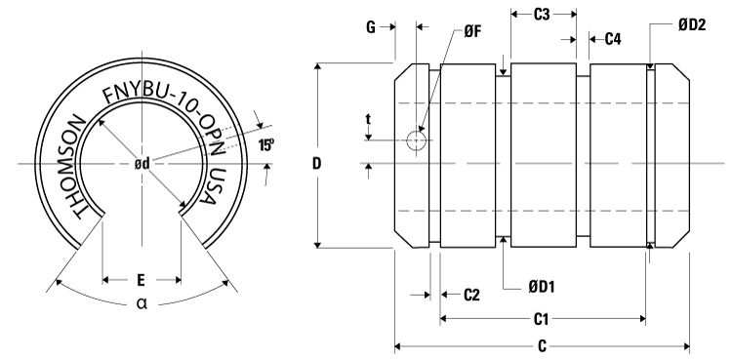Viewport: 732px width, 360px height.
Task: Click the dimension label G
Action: [x=372, y=28]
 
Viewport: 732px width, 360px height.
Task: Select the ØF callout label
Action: [x=471, y=31]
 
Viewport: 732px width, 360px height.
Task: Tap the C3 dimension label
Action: [x=544, y=15]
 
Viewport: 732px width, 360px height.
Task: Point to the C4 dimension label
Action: [x=613, y=40]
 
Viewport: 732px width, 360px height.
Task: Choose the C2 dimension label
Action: [x=468, y=294]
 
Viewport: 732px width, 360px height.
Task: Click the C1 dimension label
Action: [x=544, y=319]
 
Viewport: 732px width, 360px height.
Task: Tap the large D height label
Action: [x=316, y=163]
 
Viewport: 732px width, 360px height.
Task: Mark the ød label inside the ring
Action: [x=142, y=163]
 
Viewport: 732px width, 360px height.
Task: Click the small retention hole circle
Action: [x=417, y=141]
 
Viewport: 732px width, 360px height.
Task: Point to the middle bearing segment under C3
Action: [x=544, y=156]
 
